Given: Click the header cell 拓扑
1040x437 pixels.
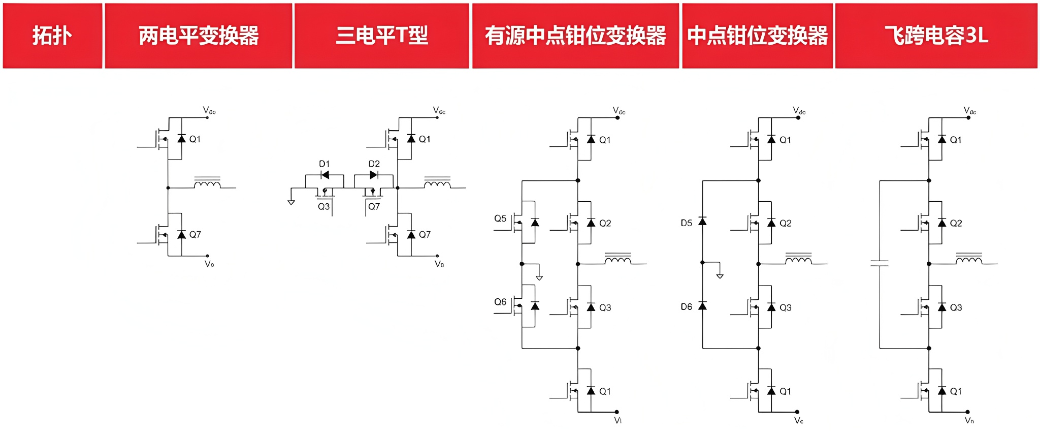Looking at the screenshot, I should (x=52, y=36).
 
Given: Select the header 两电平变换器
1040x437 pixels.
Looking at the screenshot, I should (x=199, y=36).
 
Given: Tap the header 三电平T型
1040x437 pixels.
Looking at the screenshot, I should (x=382, y=36).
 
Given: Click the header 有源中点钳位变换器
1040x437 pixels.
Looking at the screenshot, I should (x=575, y=36).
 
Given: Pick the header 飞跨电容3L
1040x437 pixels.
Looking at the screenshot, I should (x=936, y=36).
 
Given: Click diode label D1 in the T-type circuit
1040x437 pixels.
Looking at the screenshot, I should (x=324, y=164).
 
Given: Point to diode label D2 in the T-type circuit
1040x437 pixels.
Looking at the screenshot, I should (x=374, y=164).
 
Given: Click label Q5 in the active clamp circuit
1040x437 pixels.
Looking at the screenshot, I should (x=500, y=218).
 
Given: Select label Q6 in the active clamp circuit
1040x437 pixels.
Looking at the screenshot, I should (x=500, y=302).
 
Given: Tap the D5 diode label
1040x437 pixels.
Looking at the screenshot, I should (x=686, y=223).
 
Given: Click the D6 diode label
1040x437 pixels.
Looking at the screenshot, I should (x=686, y=307).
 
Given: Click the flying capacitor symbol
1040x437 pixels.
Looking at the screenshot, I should (x=880, y=264).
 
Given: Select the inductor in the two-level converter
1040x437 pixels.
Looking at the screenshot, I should (x=207, y=183).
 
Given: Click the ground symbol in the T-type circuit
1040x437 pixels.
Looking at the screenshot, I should (x=291, y=202).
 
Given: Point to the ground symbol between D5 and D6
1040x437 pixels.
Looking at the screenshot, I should (x=720, y=275).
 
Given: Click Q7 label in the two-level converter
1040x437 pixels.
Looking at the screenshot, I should (x=195, y=235).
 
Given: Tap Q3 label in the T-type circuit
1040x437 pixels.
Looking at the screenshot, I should (x=323, y=207).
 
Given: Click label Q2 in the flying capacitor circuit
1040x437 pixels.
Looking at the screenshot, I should (x=956, y=223).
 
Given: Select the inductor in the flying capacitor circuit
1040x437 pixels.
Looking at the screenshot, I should (x=969, y=260).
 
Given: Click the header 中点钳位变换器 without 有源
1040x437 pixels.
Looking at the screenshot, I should (x=757, y=36).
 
